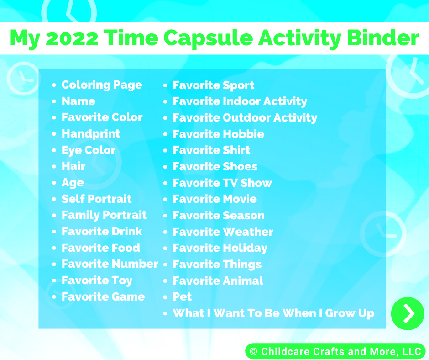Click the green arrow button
(408, 313)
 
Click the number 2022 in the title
(72, 38)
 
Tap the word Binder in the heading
(383, 37)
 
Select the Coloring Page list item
(102, 85)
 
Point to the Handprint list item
(91, 134)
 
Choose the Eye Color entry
(89, 150)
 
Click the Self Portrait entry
(97, 199)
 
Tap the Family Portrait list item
(104, 215)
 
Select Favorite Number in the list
(110, 264)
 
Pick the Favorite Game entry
(103, 296)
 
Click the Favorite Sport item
(214, 85)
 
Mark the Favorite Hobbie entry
(218, 134)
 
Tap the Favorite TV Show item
(222, 183)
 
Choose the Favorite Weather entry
(223, 232)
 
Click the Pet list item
(182, 296)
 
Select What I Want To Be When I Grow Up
(273, 313)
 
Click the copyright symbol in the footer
(254, 351)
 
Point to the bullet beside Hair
(54, 167)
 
